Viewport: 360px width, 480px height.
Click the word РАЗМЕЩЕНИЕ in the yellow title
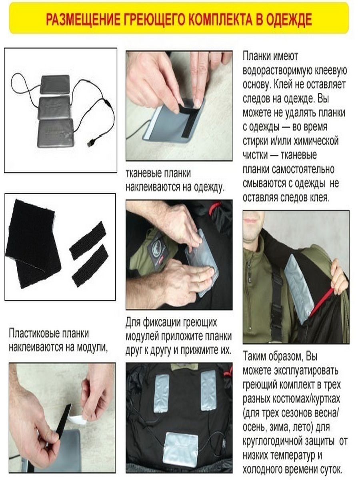click(83, 20)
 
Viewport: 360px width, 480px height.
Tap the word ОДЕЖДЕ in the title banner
click(289, 20)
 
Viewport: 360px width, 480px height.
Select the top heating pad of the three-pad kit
click(55, 85)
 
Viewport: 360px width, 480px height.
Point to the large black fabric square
click(32, 243)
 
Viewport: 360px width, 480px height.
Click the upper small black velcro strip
click(88, 240)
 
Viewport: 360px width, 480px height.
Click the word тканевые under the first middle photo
click(142, 174)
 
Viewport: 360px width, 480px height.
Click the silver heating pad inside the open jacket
click(299, 288)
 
